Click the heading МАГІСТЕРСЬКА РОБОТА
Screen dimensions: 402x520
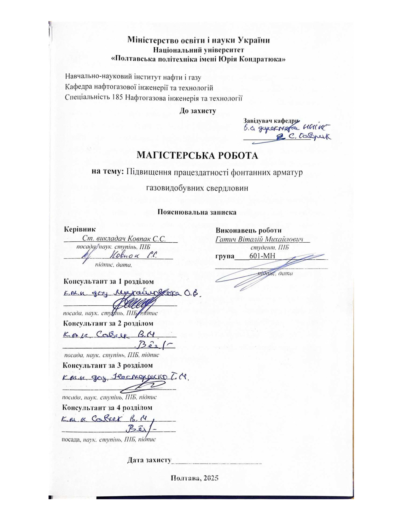[197, 155]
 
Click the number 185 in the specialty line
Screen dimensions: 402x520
[117, 97]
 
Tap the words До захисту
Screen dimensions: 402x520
[198, 111]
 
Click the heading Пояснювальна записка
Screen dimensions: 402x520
[197, 212]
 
